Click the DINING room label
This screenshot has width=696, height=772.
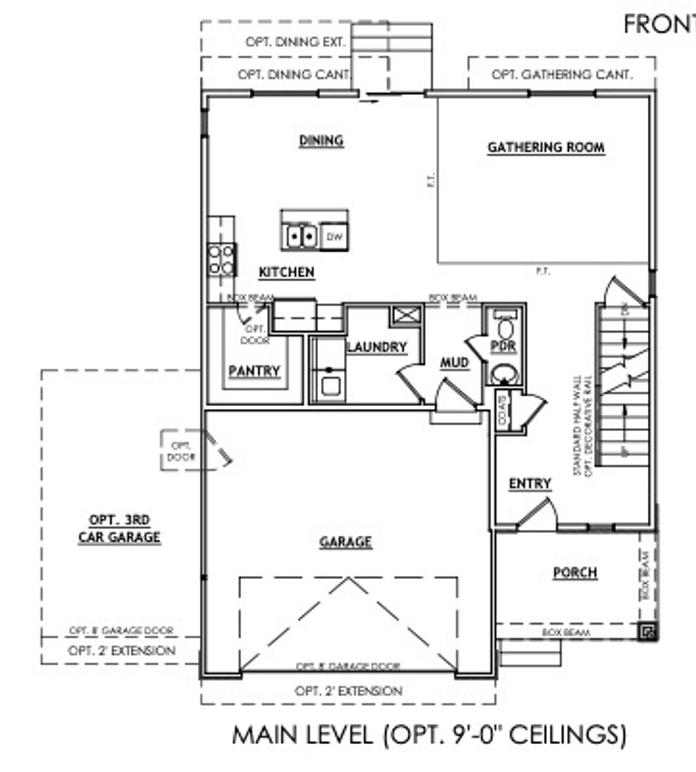pos(321,141)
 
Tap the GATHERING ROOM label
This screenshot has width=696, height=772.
pos(546,147)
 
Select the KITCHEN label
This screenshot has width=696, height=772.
pos(286,272)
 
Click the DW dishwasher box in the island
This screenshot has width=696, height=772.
pos(333,237)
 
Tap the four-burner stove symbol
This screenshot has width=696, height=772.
pos(222,259)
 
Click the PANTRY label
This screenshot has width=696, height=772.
pos(254,371)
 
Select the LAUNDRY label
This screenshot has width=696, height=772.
pos(377,347)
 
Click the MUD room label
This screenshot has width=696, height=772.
pos(454,363)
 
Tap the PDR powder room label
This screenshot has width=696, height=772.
pos(503,346)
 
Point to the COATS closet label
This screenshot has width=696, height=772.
pos(502,411)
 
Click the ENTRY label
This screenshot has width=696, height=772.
pos(529,483)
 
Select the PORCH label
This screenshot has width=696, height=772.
pos(575,572)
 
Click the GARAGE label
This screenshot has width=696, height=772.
pos(346,542)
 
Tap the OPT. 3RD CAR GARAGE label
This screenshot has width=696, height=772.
pos(120,529)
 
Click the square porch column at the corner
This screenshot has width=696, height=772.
pos(648,633)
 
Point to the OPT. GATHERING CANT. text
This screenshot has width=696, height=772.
pos(561,75)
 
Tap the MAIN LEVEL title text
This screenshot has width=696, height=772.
pos(429,735)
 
